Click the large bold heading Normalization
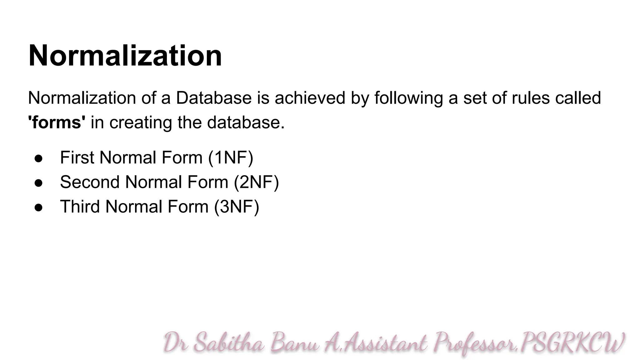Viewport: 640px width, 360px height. (x=125, y=56)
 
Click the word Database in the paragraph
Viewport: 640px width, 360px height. (x=214, y=98)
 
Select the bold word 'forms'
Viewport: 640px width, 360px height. (x=57, y=122)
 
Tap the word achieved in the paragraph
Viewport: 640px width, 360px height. (x=310, y=98)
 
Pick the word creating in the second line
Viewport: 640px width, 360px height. (x=141, y=122)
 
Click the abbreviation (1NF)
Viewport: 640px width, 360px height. (x=231, y=157)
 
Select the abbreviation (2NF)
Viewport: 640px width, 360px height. (x=256, y=182)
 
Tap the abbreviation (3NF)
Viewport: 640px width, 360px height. (x=237, y=207)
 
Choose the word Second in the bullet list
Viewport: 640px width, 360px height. (x=90, y=182)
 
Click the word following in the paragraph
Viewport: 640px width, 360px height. (x=409, y=98)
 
